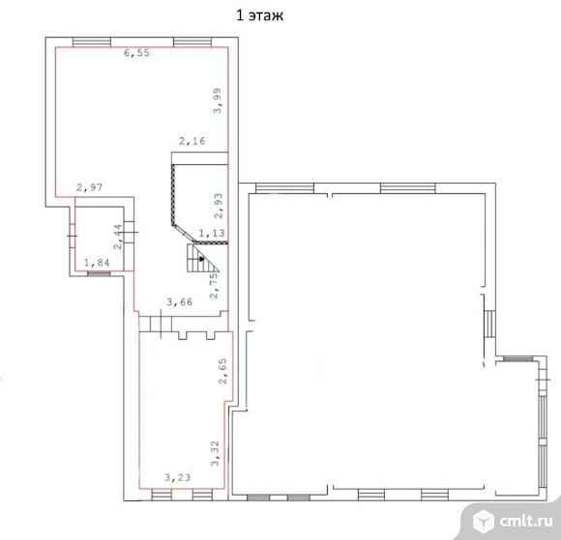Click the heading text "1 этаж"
click(x=259, y=15)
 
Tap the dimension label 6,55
click(x=136, y=53)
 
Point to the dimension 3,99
click(x=218, y=100)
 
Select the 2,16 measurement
click(x=192, y=141)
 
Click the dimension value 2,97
click(x=89, y=187)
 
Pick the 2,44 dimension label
click(x=118, y=237)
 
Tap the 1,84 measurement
click(x=97, y=263)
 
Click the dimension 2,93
click(x=219, y=206)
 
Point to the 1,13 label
click(x=212, y=234)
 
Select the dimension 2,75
click(x=214, y=286)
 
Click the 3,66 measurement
click(x=180, y=302)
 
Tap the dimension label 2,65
click(x=222, y=371)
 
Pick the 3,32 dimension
click(x=215, y=454)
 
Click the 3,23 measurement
click(x=177, y=477)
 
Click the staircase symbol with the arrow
click(x=202, y=258)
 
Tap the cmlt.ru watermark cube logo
click(x=484, y=521)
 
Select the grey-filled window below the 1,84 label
click(x=99, y=273)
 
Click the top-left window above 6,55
click(x=92, y=43)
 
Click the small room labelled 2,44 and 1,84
click(x=100, y=239)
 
